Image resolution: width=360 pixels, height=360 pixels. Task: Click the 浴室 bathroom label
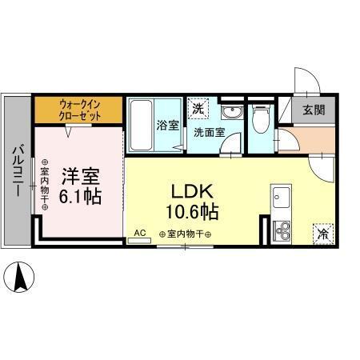coord(167,125)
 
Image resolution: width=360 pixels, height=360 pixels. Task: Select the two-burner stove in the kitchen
coord(282,232)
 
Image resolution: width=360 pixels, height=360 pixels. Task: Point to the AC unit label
coord(139,234)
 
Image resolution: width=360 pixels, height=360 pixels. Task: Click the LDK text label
coord(193,192)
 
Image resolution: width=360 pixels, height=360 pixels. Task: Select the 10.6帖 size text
coord(193,213)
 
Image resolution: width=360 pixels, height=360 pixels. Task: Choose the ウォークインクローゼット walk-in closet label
coord(78,107)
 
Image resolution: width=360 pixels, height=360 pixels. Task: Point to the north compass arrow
coord(22,278)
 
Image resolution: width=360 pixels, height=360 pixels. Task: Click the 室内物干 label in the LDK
coord(185,235)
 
